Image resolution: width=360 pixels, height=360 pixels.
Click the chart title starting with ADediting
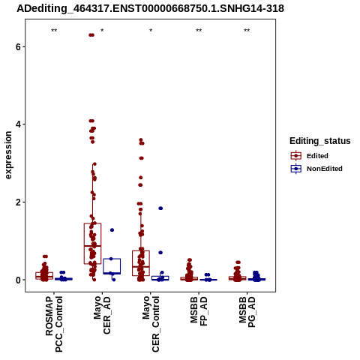click(x=150, y=9)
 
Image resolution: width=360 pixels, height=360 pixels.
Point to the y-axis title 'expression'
click(x=8, y=155)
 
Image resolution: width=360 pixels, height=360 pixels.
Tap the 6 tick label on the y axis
click(x=18, y=46)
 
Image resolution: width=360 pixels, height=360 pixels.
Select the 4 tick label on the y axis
click(x=18, y=124)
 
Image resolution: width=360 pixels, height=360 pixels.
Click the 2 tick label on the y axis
click(x=18, y=202)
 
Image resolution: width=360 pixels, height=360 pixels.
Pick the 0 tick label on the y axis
click(x=18, y=280)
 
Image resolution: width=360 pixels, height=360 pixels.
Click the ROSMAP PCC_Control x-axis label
click(x=54, y=324)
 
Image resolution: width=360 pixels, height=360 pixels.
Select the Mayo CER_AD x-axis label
click(x=102, y=315)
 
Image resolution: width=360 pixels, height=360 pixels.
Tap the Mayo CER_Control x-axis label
click(x=151, y=324)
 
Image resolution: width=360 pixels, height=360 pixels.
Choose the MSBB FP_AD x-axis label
click(x=199, y=311)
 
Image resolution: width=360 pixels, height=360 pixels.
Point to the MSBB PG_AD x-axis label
click(x=247, y=312)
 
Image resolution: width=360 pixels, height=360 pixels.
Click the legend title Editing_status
click(x=320, y=141)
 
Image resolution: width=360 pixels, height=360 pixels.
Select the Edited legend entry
click(x=310, y=156)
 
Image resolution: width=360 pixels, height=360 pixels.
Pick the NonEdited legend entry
click(x=316, y=169)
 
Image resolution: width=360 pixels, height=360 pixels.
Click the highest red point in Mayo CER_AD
click(x=91, y=35)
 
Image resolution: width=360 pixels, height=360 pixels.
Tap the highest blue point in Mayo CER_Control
click(x=160, y=208)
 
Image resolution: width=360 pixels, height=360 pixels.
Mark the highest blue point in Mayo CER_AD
click(x=112, y=230)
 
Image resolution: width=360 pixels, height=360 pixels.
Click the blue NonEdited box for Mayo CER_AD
click(x=112, y=266)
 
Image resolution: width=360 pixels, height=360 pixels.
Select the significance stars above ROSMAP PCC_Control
click(x=54, y=31)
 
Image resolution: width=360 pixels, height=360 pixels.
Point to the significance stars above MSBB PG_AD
click(x=247, y=31)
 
